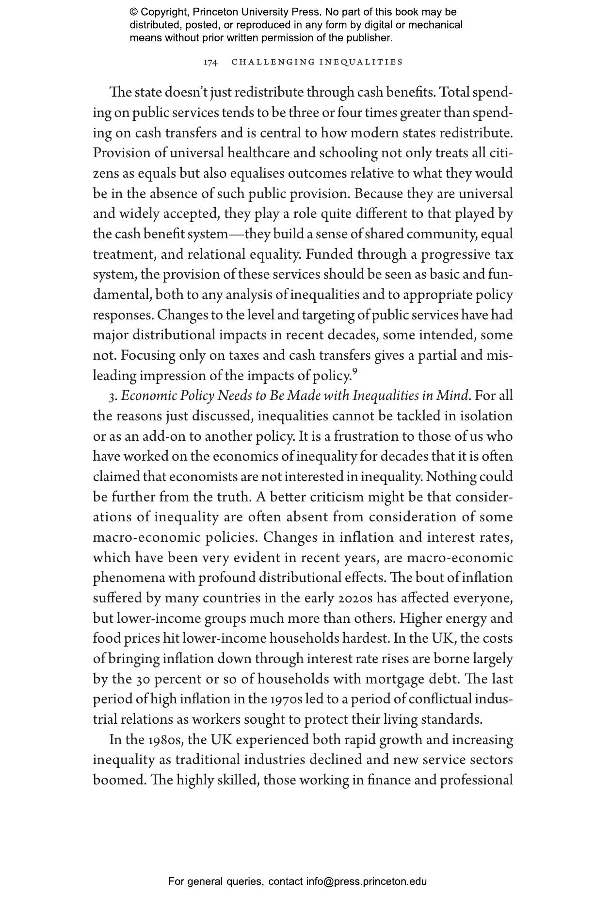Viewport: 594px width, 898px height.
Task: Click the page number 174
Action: click(x=210, y=62)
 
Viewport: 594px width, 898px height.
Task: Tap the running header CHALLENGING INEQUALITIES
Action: click(x=317, y=62)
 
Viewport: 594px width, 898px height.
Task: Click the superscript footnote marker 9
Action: click(x=354, y=372)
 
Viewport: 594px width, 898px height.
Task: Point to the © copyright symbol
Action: click(x=134, y=12)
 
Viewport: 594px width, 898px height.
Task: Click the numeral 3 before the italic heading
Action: click(x=112, y=397)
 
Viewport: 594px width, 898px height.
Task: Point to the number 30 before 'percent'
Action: click(x=143, y=679)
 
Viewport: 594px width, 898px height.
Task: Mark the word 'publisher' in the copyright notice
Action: click(x=370, y=38)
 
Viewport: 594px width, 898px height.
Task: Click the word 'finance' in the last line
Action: click(x=386, y=780)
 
